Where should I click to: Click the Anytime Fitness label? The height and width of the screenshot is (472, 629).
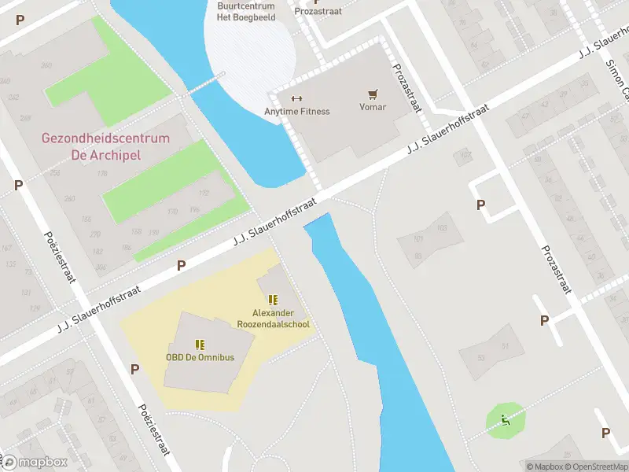[296, 111]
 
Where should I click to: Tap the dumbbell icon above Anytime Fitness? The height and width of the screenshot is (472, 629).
[296, 98]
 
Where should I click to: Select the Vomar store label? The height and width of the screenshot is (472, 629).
[373, 106]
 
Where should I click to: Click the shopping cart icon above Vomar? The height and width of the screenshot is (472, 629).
[373, 94]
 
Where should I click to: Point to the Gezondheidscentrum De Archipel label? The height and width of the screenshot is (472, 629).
[105, 146]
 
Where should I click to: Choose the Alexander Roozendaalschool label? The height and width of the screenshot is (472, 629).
[274, 319]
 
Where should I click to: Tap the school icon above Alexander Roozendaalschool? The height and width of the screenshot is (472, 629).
[273, 300]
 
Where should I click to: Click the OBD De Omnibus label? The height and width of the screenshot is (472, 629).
[200, 357]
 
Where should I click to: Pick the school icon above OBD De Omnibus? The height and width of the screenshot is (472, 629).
[200, 344]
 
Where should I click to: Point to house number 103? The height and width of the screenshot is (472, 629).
[441, 228]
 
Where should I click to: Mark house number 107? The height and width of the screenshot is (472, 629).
[465, 155]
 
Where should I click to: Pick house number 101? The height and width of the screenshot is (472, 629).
[419, 239]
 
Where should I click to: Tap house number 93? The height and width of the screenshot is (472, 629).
[418, 256]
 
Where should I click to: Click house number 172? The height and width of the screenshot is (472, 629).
[204, 193]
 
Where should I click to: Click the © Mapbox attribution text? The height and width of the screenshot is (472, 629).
[544, 466]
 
